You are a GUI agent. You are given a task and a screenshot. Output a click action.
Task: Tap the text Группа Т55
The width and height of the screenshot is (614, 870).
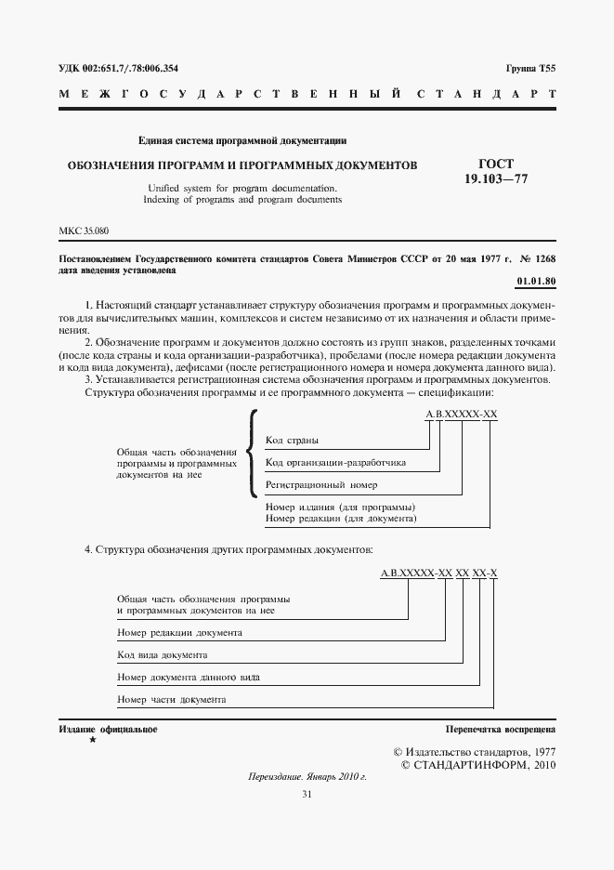pos(530,70)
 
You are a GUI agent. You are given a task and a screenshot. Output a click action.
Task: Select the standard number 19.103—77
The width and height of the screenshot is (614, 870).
pos(496,178)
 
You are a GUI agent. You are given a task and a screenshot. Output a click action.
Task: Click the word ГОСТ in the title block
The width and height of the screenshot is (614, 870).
pos(496,164)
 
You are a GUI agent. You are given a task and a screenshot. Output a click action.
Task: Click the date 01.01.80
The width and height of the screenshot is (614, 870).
pos(535,281)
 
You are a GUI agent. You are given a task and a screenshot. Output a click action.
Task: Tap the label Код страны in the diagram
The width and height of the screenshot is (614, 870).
pos(292,439)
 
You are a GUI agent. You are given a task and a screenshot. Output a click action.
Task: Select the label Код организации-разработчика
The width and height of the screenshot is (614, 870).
pos(334,462)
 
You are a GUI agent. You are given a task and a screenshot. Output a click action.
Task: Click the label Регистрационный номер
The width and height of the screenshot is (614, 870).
pos(321,485)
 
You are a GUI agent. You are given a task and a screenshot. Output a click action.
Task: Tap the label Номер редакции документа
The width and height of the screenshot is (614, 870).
pos(180,633)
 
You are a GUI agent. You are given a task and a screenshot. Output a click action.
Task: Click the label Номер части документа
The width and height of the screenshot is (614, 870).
pos(172,700)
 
